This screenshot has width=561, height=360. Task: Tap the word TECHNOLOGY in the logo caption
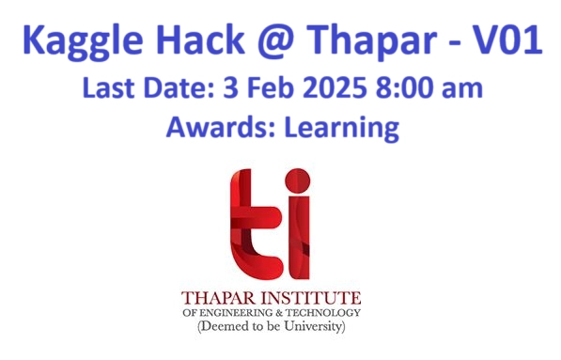point(322,314)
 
